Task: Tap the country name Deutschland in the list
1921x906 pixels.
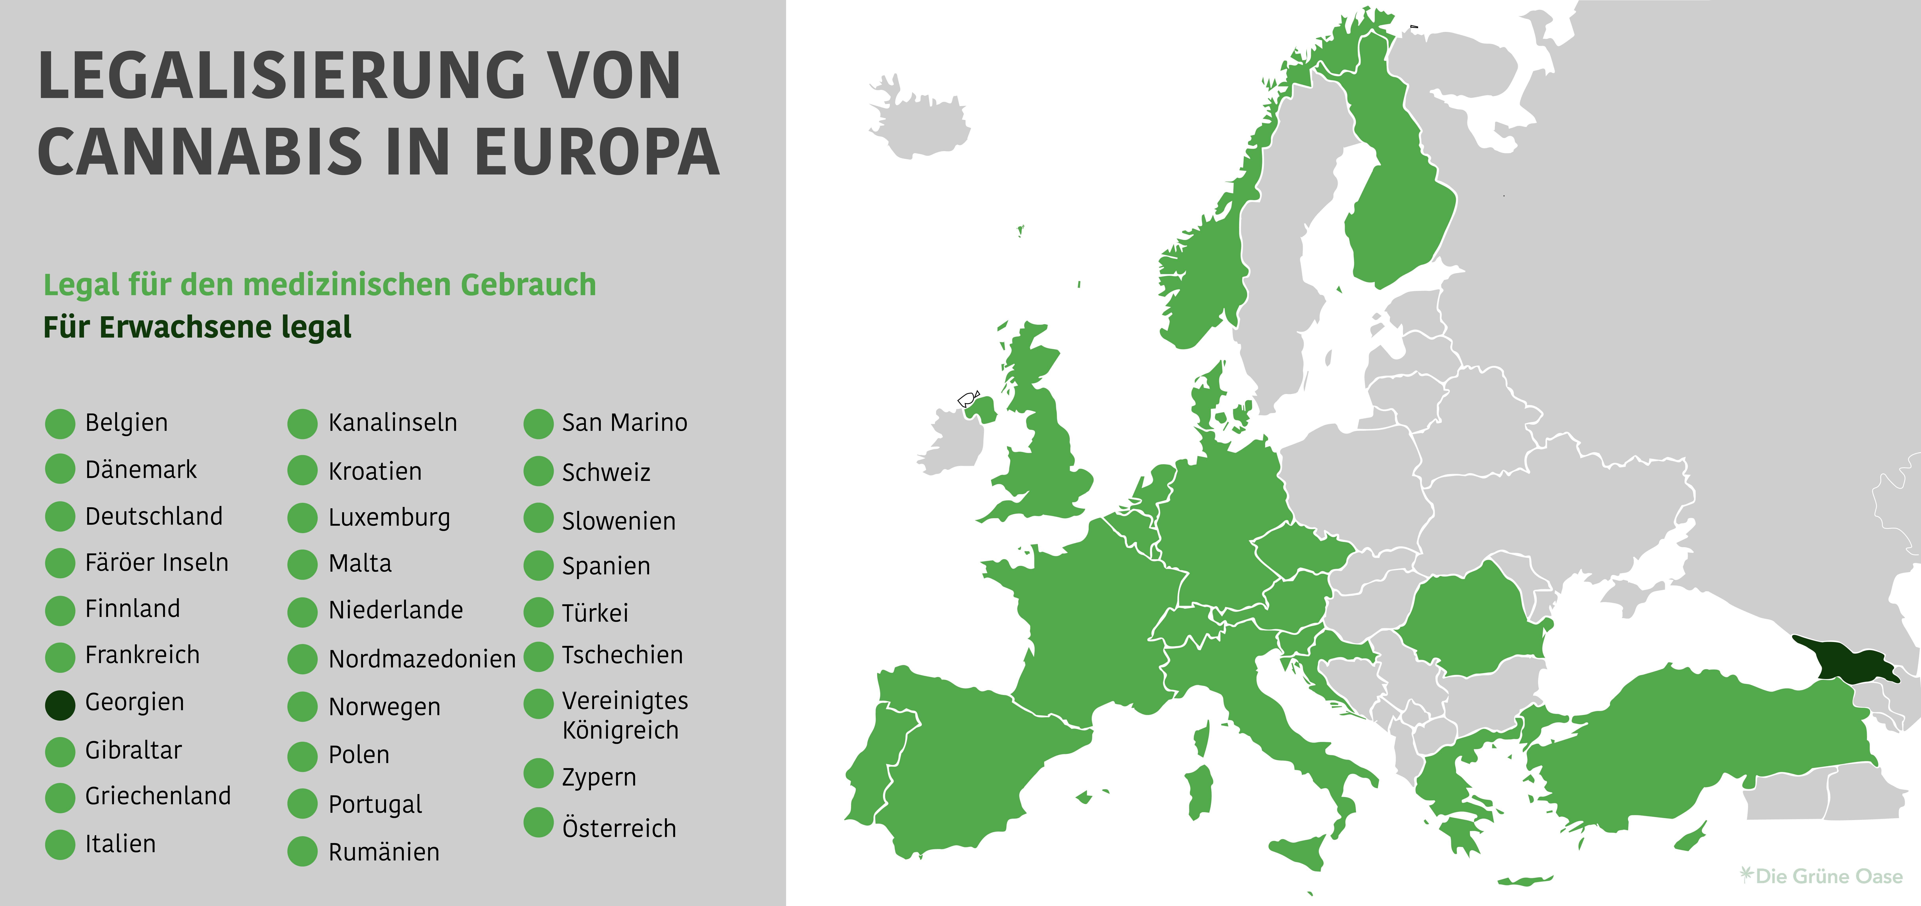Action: click(154, 516)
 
